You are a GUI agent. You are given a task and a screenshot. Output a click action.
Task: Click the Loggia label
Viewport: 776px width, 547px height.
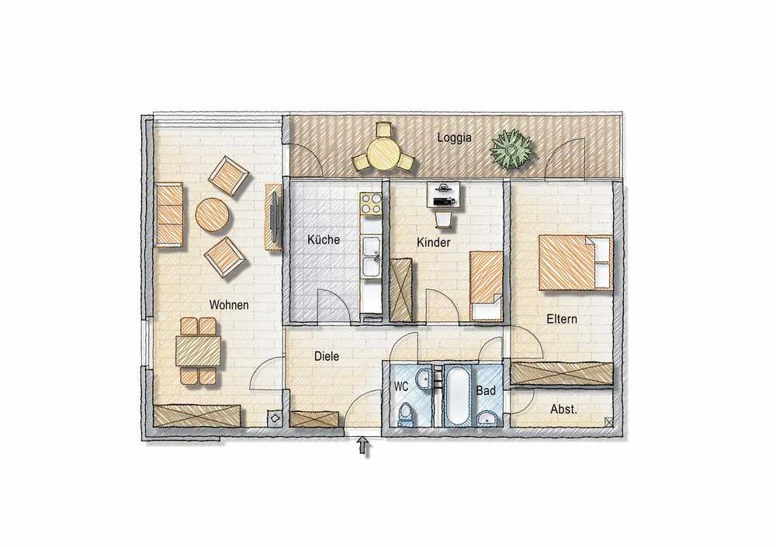(454, 138)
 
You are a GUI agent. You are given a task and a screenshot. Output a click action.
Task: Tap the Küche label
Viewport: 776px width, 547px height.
(324, 240)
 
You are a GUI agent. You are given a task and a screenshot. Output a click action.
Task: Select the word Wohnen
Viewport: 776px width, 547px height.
(229, 304)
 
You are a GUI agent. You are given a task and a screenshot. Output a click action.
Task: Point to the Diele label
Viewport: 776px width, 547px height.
(327, 356)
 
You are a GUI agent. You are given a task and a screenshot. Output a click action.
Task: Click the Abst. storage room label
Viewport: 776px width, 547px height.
(563, 410)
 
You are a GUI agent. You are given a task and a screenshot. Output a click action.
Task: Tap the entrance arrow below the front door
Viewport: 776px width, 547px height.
(364, 446)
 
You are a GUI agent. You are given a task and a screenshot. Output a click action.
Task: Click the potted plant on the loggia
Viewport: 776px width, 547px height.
(512, 148)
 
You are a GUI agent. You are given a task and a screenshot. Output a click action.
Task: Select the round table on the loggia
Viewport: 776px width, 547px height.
(383, 153)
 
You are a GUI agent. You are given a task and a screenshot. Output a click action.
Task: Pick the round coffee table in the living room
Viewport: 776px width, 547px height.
(213, 216)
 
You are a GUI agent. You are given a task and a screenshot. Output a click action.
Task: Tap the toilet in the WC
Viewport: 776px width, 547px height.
(406, 414)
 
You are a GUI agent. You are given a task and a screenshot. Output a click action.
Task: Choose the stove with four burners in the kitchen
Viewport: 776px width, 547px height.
(371, 204)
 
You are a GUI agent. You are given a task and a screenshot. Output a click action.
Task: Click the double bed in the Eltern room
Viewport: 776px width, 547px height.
(576, 262)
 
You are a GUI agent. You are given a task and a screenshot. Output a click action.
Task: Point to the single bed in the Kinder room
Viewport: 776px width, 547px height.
(487, 286)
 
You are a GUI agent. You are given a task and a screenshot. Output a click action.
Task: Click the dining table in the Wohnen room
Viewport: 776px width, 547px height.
(198, 351)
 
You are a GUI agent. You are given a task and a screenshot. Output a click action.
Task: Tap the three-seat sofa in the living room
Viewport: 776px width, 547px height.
(168, 214)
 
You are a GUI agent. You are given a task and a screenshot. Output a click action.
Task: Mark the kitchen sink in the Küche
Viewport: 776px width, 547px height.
(371, 256)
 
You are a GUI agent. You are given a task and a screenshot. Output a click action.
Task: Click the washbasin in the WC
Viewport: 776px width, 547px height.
(424, 379)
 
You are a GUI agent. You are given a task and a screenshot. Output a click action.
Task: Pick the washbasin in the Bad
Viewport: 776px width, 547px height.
(488, 419)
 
